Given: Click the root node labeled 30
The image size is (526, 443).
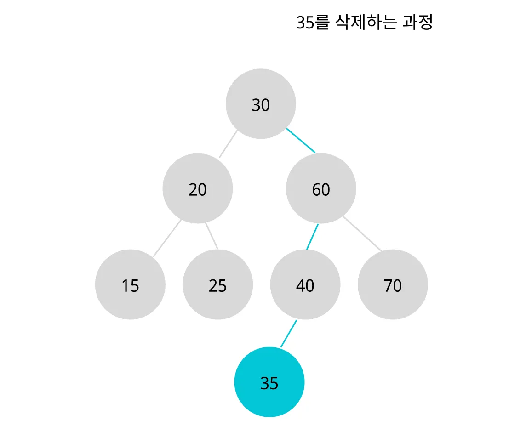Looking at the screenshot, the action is (x=261, y=104).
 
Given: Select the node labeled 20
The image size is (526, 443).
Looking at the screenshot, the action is (x=198, y=188).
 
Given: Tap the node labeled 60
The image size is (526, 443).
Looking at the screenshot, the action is (x=321, y=188).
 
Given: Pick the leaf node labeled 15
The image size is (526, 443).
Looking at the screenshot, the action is (x=130, y=284).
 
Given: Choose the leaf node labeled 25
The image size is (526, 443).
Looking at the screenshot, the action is (x=217, y=284).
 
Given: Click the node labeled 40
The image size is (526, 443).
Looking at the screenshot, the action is (x=305, y=284).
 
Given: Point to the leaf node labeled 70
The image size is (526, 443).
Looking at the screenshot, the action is (x=393, y=284).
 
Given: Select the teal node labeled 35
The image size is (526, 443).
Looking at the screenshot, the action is (x=269, y=382).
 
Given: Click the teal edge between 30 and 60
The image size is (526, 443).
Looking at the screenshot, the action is (x=301, y=140).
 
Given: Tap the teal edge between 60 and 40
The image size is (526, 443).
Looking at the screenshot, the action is (x=313, y=237).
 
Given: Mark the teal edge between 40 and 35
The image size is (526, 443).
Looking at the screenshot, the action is (x=289, y=334).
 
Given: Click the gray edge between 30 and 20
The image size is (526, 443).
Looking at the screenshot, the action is (x=228, y=144).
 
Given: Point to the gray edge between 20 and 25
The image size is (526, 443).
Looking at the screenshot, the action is (x=212, y=236).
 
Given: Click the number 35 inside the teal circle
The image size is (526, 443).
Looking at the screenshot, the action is (x=269, y=383).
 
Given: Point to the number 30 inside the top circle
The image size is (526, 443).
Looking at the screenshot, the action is (x=261, y=106).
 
